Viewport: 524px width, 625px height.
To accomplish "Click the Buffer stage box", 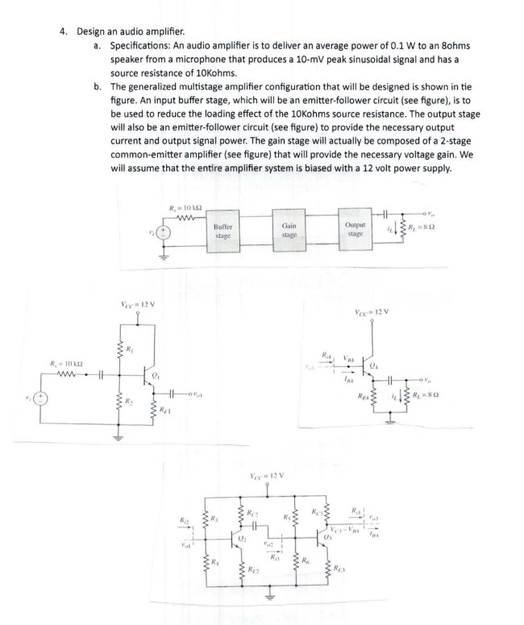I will pyautogui.click(x=223, y=229).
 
